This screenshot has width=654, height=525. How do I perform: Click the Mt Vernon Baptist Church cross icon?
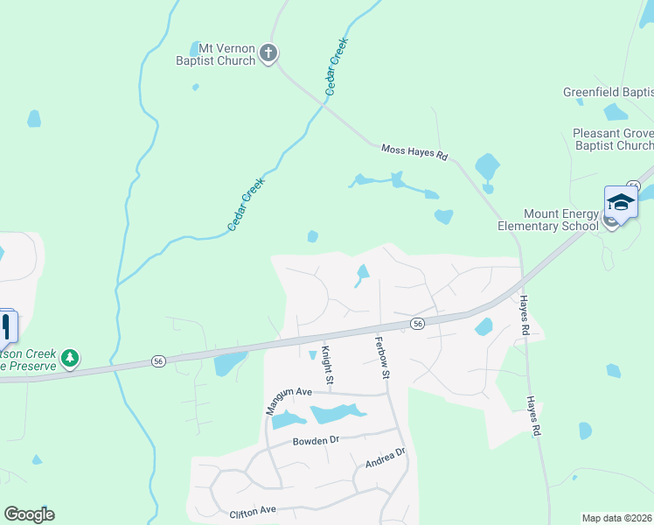[269, 54]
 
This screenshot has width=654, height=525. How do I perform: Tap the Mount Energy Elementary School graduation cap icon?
[621, 202]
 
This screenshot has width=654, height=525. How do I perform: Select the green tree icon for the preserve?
[70, 357]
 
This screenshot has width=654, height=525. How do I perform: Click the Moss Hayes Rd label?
[414, 152]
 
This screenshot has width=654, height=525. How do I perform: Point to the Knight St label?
[328, 365]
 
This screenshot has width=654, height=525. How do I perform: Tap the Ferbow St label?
[381, 357]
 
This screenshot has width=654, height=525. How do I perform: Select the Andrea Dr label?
[386, 458]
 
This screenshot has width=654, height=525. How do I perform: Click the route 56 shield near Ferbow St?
[418, 324]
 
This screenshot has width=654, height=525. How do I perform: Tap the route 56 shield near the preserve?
[158, 360]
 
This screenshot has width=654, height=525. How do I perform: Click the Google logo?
[29, 514]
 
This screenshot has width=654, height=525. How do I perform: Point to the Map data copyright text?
[617, 518]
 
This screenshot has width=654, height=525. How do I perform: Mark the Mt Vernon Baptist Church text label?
[215, 54]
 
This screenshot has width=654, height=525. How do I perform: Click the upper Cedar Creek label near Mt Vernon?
[337, 66]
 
